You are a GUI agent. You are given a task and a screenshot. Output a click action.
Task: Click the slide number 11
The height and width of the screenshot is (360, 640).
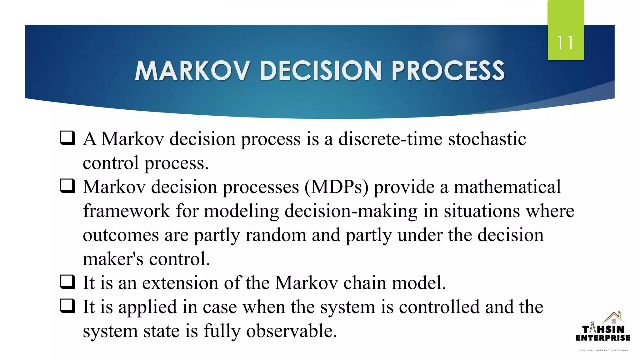tap(565, 43)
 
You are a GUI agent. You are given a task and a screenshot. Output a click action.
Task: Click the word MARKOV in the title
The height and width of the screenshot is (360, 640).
tap(192, 71)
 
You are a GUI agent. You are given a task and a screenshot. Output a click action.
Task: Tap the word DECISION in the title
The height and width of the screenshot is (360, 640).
tap(320, 71)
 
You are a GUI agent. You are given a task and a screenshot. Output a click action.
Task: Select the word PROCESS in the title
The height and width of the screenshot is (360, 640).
tap(448, 71)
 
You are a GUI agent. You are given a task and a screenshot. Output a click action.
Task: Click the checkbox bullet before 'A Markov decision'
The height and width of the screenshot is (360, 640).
tap(67, 138)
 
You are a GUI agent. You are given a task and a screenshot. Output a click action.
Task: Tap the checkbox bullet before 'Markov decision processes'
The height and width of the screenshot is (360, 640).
tap(67, 186)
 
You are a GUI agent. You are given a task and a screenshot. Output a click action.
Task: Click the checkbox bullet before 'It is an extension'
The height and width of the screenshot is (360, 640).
tap(67, 282)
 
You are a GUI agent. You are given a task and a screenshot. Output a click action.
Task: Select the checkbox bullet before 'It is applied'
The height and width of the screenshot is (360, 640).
tap(67, 306)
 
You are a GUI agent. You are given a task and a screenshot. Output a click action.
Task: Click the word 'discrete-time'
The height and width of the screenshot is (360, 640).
tap(390, 139)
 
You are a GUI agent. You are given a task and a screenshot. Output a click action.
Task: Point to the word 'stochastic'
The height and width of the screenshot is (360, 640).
tap(487, 139)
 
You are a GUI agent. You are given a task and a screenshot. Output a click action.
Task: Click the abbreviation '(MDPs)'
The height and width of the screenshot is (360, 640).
tap(336, 187)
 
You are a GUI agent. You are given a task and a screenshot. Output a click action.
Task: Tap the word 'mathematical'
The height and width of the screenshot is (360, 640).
tap(507, 187)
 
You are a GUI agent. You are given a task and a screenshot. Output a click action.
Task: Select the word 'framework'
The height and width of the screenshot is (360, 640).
tap(126, 211)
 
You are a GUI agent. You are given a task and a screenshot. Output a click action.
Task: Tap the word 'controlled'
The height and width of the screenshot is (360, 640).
tap(439, 307)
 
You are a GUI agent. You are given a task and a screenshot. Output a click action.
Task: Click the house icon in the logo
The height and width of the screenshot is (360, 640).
tap(614, 318)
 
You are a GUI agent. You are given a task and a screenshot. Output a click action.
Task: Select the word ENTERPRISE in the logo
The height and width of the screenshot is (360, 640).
tap(603, 338)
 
